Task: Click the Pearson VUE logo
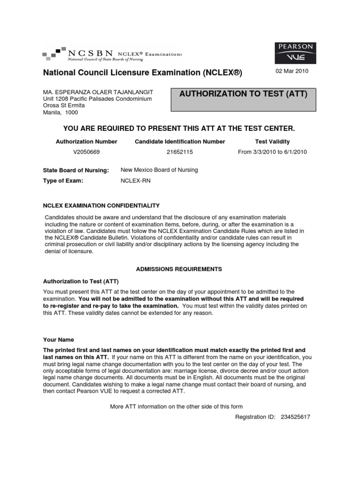coord(295,55)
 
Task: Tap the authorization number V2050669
coord(87,152)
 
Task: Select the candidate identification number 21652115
coord(180,152)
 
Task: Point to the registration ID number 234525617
coord(295,416)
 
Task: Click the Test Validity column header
coord(272,142)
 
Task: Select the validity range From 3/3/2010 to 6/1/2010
coord(272,152)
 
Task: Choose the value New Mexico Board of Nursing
coord(159,170)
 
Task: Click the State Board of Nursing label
coord(76,170)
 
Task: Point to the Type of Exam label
coord(63,180)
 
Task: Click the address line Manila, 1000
coord(60,112)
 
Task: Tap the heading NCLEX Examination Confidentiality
coord(101,205)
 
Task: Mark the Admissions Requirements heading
coord(179,269)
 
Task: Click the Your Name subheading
coord(59,340)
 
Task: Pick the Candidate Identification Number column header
coord(180,142)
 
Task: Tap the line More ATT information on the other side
coord(176,406)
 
